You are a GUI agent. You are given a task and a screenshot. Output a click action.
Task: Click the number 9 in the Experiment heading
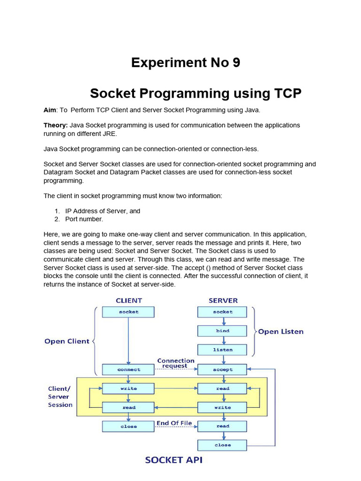click(235, 62)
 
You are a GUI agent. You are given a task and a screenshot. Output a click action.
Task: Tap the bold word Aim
click(50, 110)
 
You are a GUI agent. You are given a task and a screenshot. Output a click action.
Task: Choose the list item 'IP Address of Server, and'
click(102, 211)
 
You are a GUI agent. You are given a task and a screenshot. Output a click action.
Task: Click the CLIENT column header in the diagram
click(128, 300)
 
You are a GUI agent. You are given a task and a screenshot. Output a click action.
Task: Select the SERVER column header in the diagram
click(223, 300)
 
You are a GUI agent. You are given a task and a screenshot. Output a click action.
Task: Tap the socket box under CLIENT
click(128, 312)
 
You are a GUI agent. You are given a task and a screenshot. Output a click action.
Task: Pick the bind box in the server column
click(222, 331)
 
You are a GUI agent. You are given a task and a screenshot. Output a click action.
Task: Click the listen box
click(222, 350)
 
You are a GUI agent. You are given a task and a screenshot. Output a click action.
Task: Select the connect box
click(128, 370)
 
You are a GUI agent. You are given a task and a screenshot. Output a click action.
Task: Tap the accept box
click(222, 370)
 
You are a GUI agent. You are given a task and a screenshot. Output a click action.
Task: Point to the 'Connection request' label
click(175, 363)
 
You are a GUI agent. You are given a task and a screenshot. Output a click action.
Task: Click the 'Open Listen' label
click(281, 332)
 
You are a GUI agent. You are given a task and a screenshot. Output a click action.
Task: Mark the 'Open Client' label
click(67, 341)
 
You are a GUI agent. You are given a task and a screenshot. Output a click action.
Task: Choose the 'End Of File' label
click(174, 423)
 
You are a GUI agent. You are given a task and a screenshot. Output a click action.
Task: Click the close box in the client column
click(128, 427)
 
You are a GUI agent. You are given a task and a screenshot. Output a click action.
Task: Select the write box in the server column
click(222, 408)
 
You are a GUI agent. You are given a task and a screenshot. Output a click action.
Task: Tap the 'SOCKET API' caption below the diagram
click(173, 460)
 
